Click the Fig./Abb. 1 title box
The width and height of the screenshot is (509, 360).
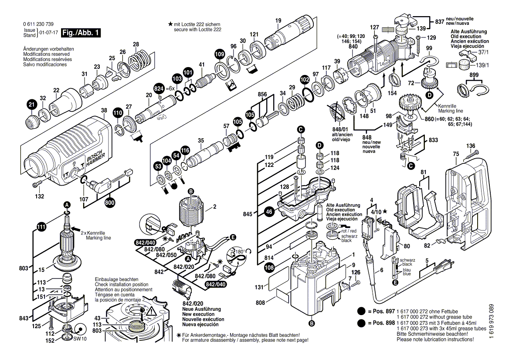point(81,33)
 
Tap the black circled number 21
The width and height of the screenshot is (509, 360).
point(31,105)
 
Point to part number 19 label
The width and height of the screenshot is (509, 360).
point(278,20)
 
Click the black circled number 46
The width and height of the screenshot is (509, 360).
point(269,212)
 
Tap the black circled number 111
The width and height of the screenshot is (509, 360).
point(41,226)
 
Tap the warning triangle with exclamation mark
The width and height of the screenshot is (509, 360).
point(151,311)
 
